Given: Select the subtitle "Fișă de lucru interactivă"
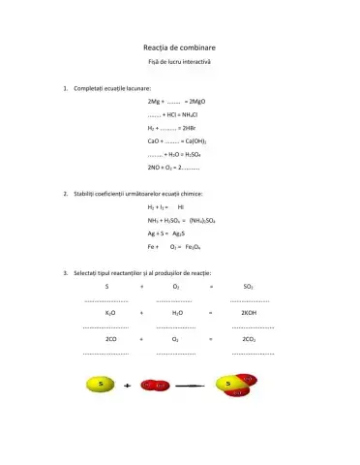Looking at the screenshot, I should (x=179, y=62).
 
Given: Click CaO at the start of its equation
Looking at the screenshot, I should (x=154, y=141).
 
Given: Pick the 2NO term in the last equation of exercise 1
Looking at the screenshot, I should (x=155, y=168).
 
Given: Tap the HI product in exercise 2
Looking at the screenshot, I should (x=181, y=207).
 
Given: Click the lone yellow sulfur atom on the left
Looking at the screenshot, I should (x=100, y=386).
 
